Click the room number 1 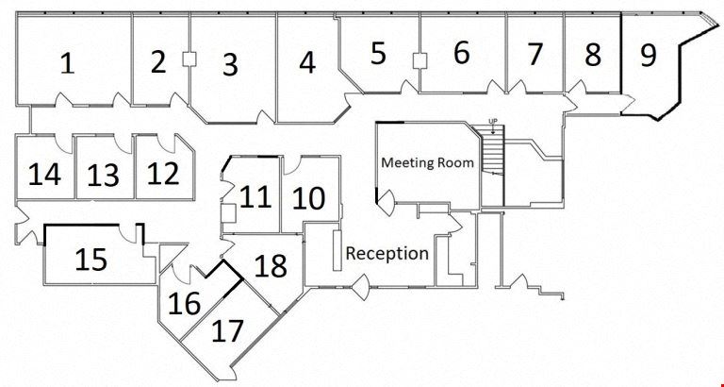(67, 63)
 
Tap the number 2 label (158, 62)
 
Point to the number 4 (306, 63)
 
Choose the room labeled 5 (378, 54)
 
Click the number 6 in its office (461, 53)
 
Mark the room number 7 (535, 55)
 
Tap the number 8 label (592, 55)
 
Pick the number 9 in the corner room (648, 55)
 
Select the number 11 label (255, 197)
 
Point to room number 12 (163, 174)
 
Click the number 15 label (90, 259)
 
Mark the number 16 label (184, 304)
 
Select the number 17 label (228, 330)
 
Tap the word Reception (387, 253)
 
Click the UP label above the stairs (491, 121)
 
